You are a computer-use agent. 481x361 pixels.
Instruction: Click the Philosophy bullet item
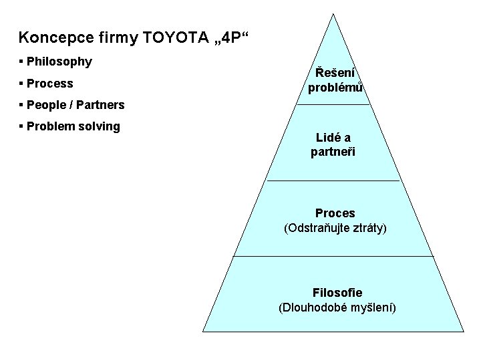pyautogui.click(x=59, y=62)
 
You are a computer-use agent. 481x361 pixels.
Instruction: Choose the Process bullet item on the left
pyautogui.click(x=49, y=84)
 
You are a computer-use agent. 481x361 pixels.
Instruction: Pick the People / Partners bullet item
pyautogui.click(x=75, y=105)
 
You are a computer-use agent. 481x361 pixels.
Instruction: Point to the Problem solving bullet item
pyautogui.click(x=73, y=126)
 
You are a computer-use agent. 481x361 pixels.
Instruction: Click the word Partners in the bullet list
pyautogui.click(x=102, y=105)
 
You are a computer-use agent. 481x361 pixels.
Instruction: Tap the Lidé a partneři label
pyautogui.click(x=333, y=145)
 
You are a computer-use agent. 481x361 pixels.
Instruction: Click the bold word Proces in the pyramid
pyautogui.click(x=335, y=213)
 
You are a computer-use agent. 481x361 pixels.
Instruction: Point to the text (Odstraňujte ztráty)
pyautogui.click(x=335, y=227)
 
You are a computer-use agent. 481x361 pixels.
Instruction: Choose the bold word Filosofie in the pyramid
pyautogui.click(x=337, y=293)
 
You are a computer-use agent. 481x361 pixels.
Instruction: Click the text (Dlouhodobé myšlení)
pyautogui.click(x=337, y=308)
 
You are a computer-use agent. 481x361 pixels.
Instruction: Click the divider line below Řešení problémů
pyautogui.click(x=333, y=105)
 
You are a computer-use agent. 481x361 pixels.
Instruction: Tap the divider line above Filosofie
pyautogui.click(x=333, y=256)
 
